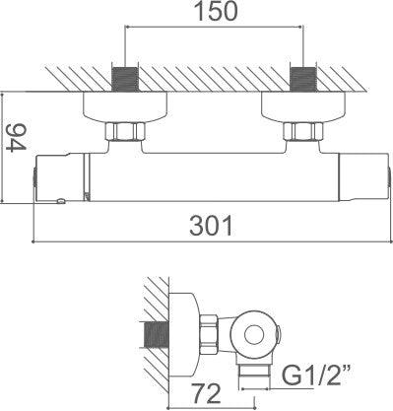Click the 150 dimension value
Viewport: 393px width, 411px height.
pos(216,11)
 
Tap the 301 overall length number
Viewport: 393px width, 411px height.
pos(211,226)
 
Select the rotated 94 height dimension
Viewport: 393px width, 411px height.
pos(16,137)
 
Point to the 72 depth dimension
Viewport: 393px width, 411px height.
pos(206,394)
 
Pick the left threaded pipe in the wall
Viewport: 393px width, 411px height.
pos(125,79)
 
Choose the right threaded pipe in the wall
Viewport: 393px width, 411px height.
pos(303,79)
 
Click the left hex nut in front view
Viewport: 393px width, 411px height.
pos(125,131)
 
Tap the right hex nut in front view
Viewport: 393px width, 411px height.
pos(303,131)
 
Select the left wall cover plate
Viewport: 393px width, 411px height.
pos(125,107)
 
